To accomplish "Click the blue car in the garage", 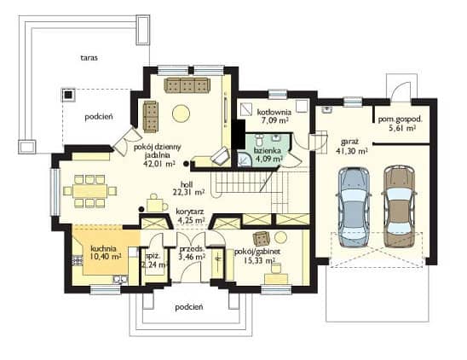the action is (x=353, y=206).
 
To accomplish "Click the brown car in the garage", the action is (x=399, y=206).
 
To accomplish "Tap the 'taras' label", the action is (x=89, y=57).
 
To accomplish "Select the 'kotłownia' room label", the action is (x=274, y=113).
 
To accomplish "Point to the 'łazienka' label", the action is (x=267, y=151).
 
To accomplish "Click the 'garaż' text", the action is (x=349, y=142).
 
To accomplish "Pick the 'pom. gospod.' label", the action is (x=401, y=119).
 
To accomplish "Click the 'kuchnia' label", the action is (x=103, y=248).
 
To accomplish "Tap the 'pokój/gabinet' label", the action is (x=257, y=252).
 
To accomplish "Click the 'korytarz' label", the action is (x=190, y=212).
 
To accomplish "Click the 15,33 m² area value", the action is (x=259, y=261).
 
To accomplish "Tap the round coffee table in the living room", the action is (x=181, y=113).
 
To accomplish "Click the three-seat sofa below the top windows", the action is (x=187, y=85).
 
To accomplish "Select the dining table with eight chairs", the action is (x=89, y=191).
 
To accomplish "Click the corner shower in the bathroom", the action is (x=245, y=160).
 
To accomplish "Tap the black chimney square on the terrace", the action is (x=69, y=95).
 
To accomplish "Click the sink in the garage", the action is (x=327, y=110).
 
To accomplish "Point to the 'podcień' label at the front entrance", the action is (x=189, y=307).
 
